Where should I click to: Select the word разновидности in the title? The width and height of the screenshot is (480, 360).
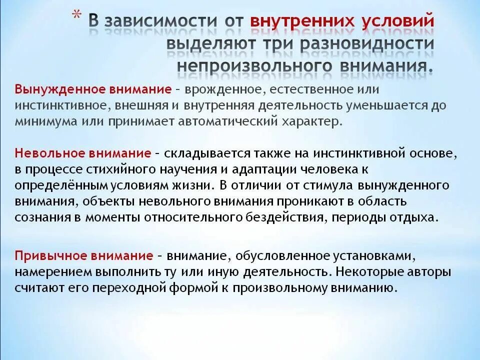coord(367,43)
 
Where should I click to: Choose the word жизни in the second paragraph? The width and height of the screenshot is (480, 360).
coord(195,185)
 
